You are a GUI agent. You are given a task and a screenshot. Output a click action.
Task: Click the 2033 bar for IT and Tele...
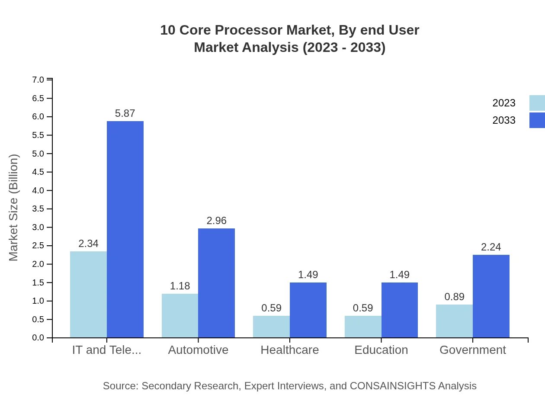pyautogui.click(x=125, y=229)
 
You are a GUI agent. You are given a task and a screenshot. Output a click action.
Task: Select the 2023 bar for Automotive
pyautogui.click(x=180, y=316)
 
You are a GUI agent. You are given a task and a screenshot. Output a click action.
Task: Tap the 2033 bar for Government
pyautogui.click(x=491, y=296)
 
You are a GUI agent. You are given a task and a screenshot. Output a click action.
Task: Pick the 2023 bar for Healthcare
pyautogui.click(x=271, y=327)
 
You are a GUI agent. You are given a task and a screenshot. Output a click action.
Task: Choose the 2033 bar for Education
pyautogui.click(x=400, y=310)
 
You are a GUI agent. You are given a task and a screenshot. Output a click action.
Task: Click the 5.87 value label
pyautogui.click(x=125, y=113)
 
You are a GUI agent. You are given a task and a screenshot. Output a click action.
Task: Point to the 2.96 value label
pyautogui.click(x=216, y=221)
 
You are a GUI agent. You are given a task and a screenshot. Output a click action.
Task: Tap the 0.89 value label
pyautogui.click(x=454, y=297)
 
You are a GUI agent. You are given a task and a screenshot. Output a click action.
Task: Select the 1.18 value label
pyautogui.click(x=180, y=286)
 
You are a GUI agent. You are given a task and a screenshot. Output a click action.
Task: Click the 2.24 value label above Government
pyautogui.click(x=491, y=247)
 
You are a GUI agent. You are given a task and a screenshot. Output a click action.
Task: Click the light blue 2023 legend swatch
pyautogui.click(x=537, y=103)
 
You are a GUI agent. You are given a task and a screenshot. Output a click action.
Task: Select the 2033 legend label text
pyautogui.click(x=504, y=120)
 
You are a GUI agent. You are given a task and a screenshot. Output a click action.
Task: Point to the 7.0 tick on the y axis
pyautogui.click(x=38, y=80)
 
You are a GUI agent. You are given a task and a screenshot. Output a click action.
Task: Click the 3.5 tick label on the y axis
pyautogui.click(x=38, y=209)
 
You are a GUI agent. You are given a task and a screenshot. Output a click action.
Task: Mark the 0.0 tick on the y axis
pyautogui.click(x=38, y=338)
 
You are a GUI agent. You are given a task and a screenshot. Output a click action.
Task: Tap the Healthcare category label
pyautogui.click(x=290, y=350)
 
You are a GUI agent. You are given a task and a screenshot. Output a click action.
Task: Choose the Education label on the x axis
pyautogui.click(x=381, y=350)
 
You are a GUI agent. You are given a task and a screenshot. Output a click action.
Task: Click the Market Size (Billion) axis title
pyautogui.click(x=14, y=208)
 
